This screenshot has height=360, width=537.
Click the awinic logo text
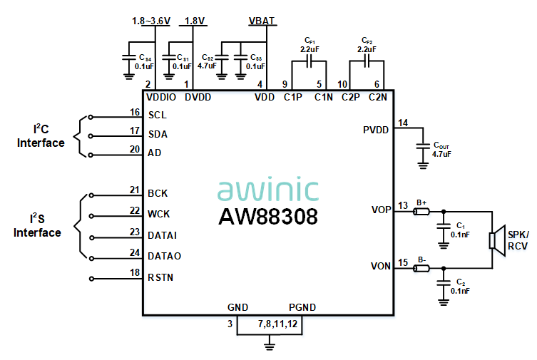coord(267,190)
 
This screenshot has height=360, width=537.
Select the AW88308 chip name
coord(267,216)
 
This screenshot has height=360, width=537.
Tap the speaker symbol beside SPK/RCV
coord(494,240)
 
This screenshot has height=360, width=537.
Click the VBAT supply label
coord(262,21)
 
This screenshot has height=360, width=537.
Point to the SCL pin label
coord(158,115)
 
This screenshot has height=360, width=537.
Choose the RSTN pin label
coord(160,277)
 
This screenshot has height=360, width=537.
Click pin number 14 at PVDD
coord(403,123)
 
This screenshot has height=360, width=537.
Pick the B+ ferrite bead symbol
coord(421,211)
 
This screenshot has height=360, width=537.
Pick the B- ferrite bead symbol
coord(421,268)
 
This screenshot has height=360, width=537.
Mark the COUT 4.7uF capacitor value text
coord(441,153)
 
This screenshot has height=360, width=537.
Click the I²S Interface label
coord(37,226)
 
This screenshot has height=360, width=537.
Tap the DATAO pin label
coord(163,256)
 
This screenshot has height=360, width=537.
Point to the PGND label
coord(302,307)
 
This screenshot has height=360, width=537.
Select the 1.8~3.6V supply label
coord(151,21)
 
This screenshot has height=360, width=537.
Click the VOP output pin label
coord(381,210)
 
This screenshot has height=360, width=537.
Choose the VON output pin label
coord(381,267)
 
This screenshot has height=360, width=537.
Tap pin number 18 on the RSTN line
coord(135,272)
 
